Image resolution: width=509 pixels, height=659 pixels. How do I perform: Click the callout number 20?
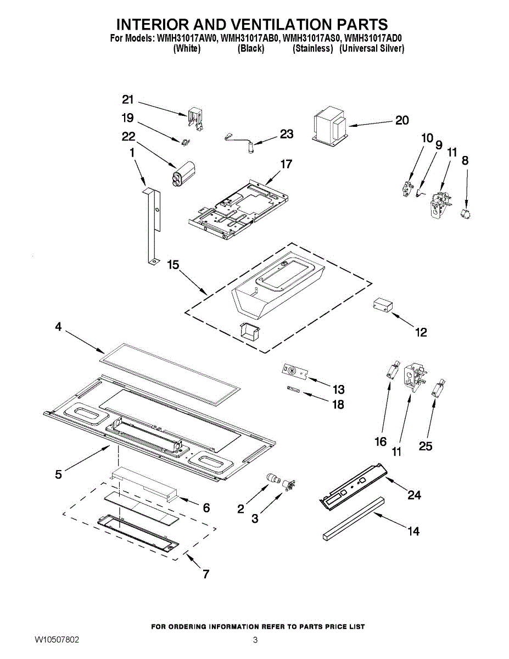click(402, 120)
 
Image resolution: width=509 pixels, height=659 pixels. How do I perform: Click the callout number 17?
click(286, 164)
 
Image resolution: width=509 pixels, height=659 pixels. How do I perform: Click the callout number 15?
click(172, 265)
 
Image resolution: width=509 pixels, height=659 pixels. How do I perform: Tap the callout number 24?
click(414, 495)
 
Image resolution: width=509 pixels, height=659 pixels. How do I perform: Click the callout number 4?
click(58, 327)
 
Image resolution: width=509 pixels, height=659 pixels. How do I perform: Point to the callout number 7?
click(205, 574)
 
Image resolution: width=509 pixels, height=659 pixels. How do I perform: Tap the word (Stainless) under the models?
click(313, 48)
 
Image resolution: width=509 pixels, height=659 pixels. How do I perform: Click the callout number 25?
click(426, 446)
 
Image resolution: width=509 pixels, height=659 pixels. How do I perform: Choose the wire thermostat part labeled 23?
click(240, 139)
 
